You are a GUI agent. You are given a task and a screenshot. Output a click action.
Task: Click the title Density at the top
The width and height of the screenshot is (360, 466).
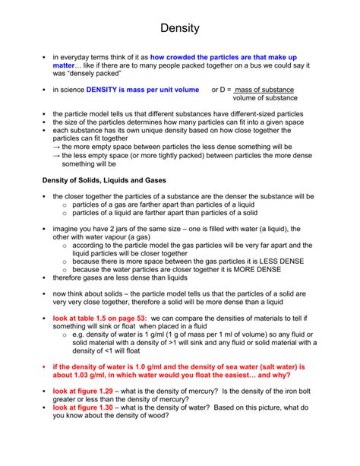point(180,28)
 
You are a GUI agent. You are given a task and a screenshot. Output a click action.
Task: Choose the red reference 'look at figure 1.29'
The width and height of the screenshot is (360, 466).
point(83,390)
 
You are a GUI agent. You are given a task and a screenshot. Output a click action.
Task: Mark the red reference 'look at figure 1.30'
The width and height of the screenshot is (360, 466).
point(83,407)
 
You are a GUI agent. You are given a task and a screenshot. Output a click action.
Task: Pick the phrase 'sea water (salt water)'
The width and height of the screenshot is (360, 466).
point(255,366)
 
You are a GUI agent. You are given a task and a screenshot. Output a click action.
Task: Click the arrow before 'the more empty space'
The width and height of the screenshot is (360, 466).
point(56,147)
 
